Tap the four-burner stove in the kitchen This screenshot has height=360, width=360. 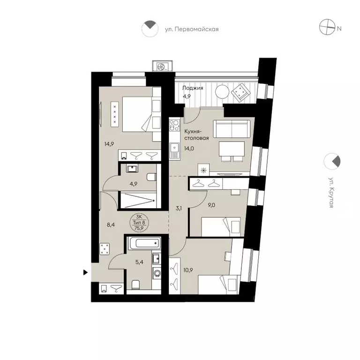click(x=174, y=125)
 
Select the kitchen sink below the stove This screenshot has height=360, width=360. click(x=174, y=150)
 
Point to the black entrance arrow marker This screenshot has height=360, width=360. click(x=85, y=272)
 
